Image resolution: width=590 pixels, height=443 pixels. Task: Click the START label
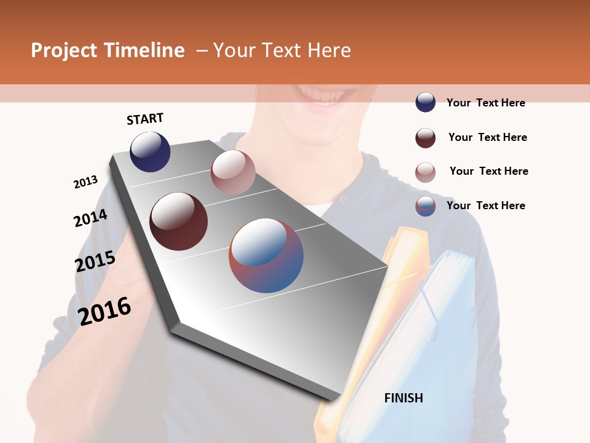tap(145, 119)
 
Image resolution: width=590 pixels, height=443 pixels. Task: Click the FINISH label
tap(404, 398)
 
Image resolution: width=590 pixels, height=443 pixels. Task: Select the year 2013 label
tap(85, 182)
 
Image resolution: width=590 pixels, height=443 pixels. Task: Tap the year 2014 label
tap(90, 218)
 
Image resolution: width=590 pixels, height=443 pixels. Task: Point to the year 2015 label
tap(95, 261)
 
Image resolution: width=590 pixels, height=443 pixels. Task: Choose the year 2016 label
tap(104, 311)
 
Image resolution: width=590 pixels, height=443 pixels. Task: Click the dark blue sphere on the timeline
tap(150, 151)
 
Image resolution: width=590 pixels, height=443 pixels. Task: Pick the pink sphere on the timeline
tap(233, 172)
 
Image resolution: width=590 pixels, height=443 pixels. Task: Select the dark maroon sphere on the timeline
tap(179, 221)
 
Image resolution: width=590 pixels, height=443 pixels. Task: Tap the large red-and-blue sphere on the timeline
tap(266, 255)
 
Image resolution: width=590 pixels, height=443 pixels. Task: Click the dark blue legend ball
tap(425, 103)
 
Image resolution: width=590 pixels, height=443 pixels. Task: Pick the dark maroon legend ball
tap(425, 138)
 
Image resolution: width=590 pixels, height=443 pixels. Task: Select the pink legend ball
tap(425, 172)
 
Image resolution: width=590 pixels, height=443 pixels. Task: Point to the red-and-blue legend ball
tap(425, 206)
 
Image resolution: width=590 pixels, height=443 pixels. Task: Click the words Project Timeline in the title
tap(108, 50)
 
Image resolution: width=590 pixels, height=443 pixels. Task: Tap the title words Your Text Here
tap(282, 50)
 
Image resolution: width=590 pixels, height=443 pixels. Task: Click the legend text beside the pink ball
tap(489, 171)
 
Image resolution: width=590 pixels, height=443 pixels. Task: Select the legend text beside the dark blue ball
tap(486, 103)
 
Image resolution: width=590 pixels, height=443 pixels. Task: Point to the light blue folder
tap(424, 345)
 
